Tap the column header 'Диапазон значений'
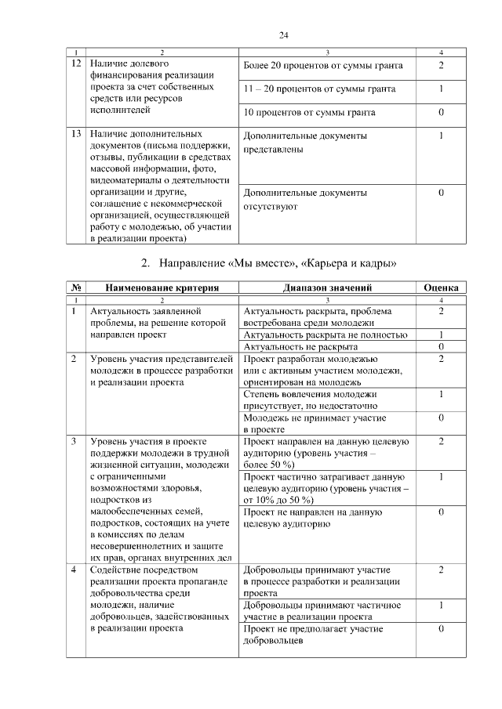tap(328, 288)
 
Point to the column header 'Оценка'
tap(441, 288)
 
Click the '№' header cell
tap(76, 288)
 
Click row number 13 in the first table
tap(76, 135)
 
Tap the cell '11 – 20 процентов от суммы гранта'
tap(319, 89)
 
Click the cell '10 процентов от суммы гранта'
tap(309, 112)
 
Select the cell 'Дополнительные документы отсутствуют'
tap(304, 200)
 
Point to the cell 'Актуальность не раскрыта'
tap(295, 345)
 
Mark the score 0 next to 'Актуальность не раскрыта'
tap(441, 345)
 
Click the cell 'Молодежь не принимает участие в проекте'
tap(304, 423)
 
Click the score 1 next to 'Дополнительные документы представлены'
tap(441, 136)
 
